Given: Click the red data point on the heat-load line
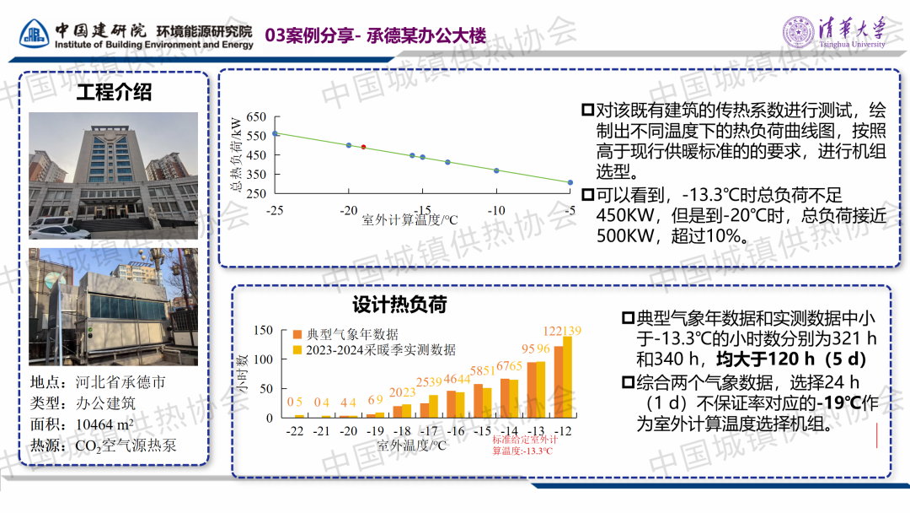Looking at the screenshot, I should [x=364, y=147].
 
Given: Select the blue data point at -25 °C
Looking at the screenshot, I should [x=275, y=133].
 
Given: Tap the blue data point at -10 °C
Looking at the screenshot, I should [x=496, y=170].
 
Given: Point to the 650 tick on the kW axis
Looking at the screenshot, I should [x=256, y=117].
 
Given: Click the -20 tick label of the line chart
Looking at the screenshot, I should [x=348, y=210].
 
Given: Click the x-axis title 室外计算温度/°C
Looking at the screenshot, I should [x=409, y=221].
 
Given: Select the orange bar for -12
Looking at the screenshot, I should [x=559, y=381].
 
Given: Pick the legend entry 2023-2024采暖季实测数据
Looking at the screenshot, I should [x=380, y=349].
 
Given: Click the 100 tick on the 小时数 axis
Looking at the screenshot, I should [x=264, y=359].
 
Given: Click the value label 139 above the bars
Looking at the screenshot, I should [x=571, y=330].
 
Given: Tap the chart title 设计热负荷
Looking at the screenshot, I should [x=399, y=305].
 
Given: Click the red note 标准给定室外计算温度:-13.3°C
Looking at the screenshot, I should [x=522, y=445].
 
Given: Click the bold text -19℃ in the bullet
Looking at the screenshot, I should [x=842, y=402].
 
